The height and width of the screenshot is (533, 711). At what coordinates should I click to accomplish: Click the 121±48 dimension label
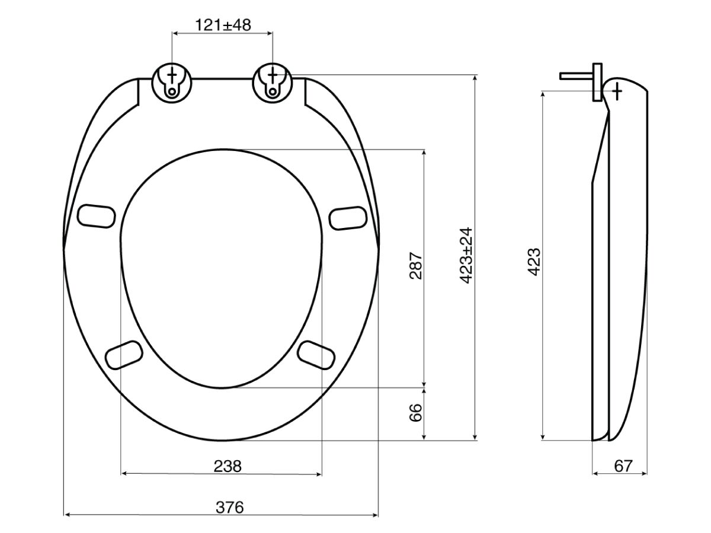tap(223, 24)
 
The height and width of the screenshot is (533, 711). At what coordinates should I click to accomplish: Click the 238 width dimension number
tap(228, 466)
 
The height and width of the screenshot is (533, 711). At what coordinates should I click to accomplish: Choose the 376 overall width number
tap(229, 508)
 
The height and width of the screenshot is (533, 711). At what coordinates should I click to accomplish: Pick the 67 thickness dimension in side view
tap(623, 466)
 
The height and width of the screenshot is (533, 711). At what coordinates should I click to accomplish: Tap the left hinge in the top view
tap(172, 83)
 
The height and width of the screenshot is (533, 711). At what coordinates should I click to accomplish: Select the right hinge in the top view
tap(272, 82)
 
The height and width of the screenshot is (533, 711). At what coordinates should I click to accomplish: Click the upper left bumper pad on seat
tap(96, 214)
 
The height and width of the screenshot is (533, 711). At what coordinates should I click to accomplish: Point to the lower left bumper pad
tap(123, 355)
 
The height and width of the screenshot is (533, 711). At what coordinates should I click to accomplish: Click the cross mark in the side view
tap(617, 91)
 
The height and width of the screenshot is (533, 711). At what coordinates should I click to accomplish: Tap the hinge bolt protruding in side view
tap(578, 76)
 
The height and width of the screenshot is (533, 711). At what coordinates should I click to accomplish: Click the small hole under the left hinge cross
tap(172, 92)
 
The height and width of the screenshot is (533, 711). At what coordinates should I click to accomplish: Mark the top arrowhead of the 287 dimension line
tap(424, 152)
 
